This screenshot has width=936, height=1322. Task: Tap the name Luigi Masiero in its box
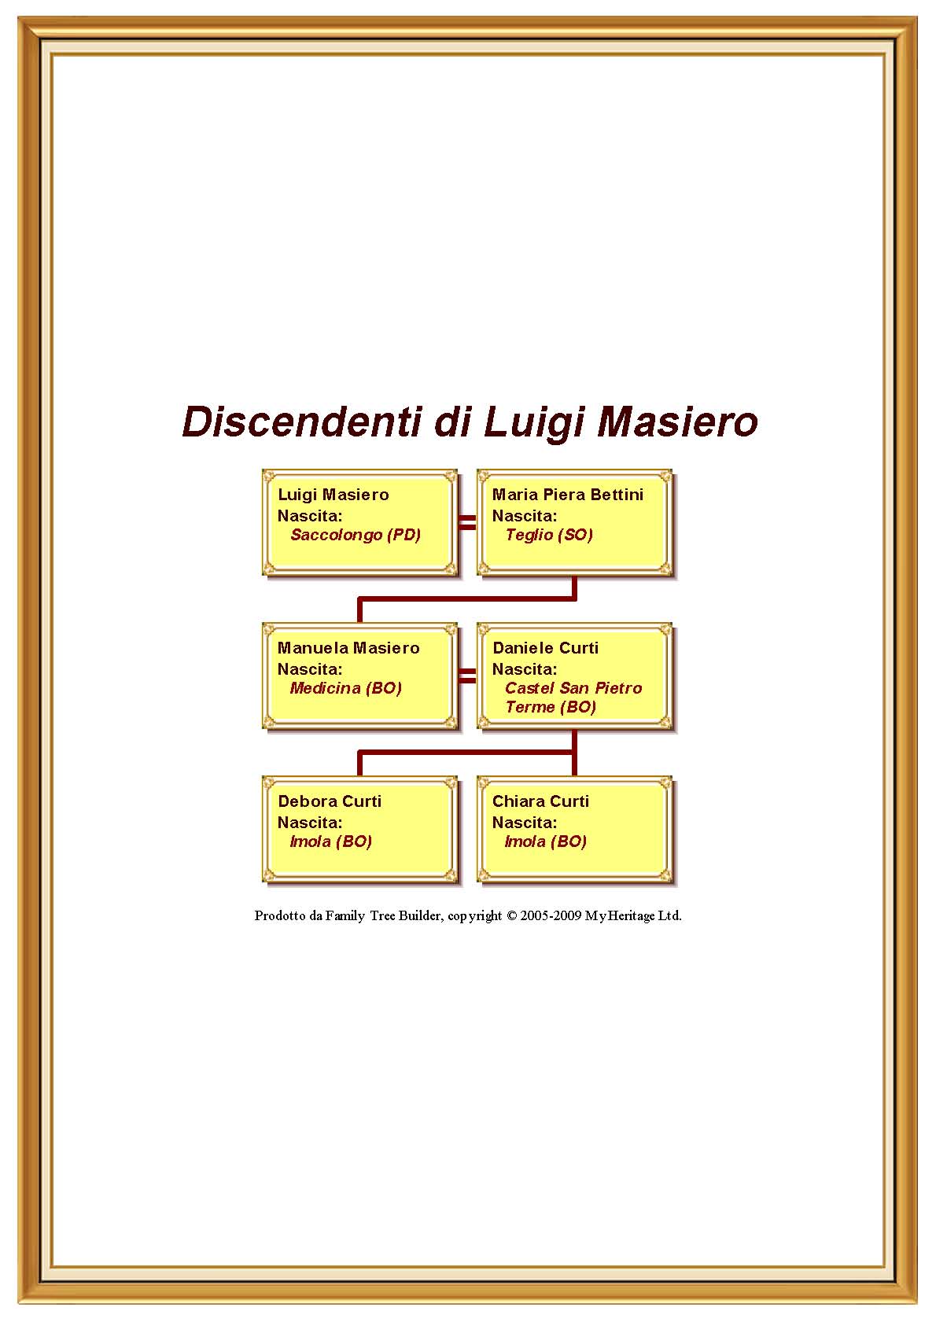(333, 495)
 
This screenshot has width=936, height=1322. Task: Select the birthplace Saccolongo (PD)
(356, 535)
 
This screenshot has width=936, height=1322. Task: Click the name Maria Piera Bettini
(567, 495)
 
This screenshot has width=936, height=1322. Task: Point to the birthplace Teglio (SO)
(548, 535)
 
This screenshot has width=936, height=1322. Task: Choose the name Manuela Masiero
(348, 648)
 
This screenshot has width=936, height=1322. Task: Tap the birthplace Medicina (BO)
(345, 688)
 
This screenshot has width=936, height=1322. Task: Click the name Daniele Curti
(545, 648)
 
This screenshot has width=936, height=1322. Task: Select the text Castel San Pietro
(573, 688)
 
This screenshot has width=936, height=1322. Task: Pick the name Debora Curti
(329, 801)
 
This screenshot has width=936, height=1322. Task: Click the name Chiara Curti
(540, 801)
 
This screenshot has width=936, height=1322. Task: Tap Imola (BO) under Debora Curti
(330, 841)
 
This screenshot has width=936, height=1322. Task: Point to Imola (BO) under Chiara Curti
(545, 841)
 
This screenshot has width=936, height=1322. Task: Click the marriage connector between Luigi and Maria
(467, 522)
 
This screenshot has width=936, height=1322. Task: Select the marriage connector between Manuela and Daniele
(467, 676)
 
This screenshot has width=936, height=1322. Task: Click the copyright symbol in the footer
(511, 915)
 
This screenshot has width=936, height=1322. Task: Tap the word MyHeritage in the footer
(620, 915)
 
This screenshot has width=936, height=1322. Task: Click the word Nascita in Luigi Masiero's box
(308, 516)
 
